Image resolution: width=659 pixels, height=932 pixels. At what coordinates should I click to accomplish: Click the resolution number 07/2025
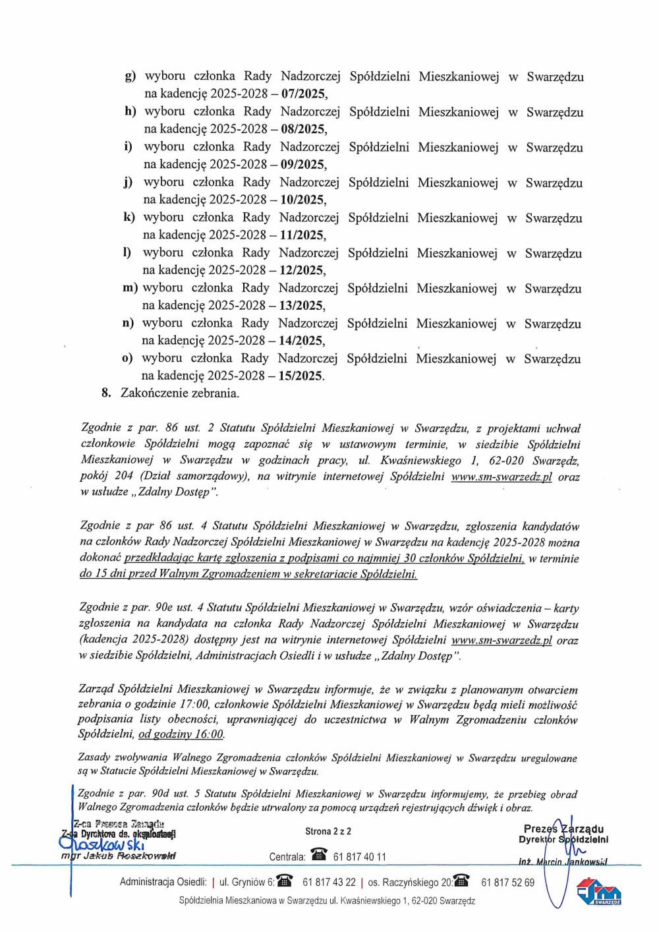302,94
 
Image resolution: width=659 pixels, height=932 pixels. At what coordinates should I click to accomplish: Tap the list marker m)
130,288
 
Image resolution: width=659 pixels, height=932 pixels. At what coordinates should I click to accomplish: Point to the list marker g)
130,76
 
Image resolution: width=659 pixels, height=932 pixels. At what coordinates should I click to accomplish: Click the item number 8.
106,393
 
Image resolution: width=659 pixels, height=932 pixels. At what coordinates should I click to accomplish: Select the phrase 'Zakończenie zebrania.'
180,393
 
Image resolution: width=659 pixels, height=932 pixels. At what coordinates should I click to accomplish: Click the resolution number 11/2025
301,235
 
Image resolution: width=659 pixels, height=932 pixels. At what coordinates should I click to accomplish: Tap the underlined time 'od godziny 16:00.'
181,735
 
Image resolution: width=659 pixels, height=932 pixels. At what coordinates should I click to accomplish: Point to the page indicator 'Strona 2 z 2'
328,832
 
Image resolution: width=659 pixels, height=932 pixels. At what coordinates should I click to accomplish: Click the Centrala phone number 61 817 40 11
360,857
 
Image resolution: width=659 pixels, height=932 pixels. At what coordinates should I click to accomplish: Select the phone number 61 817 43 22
329,883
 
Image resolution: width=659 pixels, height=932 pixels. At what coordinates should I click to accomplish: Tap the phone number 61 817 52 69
507,883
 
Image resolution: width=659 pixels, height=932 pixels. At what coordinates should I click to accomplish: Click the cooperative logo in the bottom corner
599,893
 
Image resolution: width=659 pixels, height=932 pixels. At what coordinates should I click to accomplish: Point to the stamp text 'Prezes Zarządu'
563,829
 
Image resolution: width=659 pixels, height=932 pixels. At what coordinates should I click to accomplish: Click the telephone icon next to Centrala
319,856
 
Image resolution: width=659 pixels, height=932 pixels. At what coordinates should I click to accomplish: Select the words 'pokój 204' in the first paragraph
106,476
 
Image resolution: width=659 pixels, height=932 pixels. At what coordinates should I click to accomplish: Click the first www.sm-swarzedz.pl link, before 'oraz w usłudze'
501,477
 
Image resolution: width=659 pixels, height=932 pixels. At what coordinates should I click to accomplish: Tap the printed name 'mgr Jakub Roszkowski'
119,857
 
